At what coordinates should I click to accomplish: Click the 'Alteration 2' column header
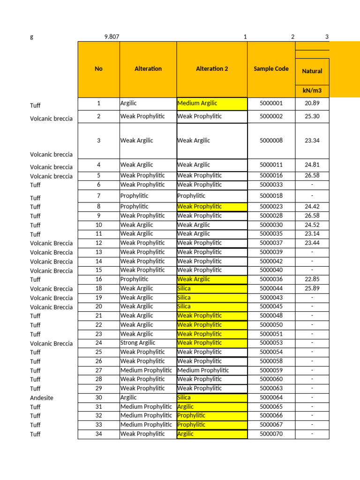pos(212,69)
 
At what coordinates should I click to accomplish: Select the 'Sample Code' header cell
pos(271,69)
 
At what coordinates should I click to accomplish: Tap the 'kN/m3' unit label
pos(312,91)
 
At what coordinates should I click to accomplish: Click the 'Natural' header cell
pos(312,71)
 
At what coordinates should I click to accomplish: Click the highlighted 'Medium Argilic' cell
pos(197,103)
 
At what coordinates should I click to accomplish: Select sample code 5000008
pos(271,141)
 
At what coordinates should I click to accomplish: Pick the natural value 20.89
pos(312,103)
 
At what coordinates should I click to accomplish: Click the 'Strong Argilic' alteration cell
pos(138,343)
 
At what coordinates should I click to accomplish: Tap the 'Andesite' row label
pos(42,397)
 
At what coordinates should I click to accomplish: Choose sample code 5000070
pos(271,434)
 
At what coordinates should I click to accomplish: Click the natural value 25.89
pos(312,288)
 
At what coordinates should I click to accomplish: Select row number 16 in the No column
pos(98,279)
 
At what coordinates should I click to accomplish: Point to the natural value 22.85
pos(312,279)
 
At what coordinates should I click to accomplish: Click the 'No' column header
pos(98,69)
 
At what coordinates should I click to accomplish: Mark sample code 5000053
pos(271,343)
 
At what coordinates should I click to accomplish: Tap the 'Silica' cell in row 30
pos(184,397)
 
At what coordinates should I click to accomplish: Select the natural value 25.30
pos(312,116)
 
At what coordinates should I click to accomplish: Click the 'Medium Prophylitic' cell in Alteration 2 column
pos(203,370)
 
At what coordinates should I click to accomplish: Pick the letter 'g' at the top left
pos(32,37)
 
